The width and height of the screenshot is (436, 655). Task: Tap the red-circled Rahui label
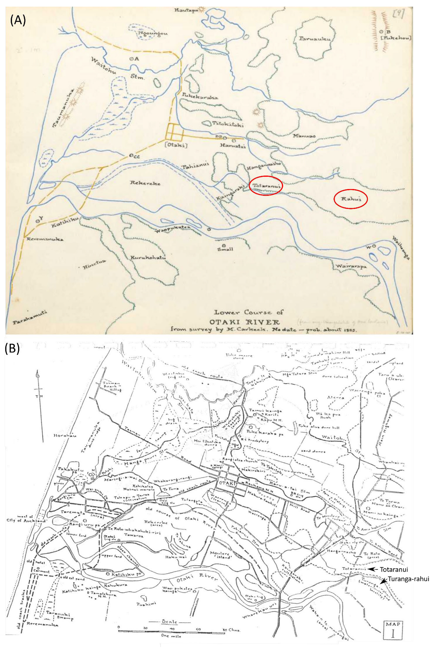pos(350,199)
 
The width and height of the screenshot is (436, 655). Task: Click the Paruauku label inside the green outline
pos(315,39)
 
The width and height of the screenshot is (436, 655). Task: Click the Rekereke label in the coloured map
pos(145,183)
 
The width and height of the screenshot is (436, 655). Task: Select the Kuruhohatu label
pos(148,258)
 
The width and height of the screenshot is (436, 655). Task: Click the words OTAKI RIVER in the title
pos(244,322)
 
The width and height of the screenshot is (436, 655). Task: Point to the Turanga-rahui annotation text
pos(409,571)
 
